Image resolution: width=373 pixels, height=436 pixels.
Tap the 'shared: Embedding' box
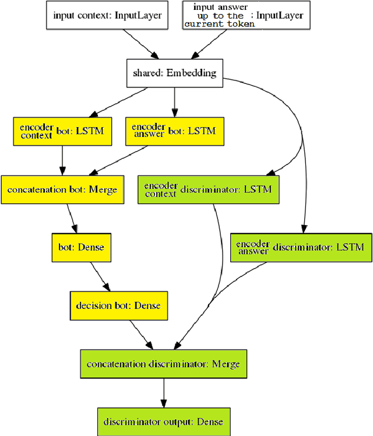174,73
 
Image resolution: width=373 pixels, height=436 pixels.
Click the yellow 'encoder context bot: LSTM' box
61,131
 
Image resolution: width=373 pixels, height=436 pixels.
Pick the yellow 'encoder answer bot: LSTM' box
174,131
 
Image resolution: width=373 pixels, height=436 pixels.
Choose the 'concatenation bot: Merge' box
62,189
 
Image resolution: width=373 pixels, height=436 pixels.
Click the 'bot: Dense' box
81,247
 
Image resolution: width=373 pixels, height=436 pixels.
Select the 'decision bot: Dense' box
118,305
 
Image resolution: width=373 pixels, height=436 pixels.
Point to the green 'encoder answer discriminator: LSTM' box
300,247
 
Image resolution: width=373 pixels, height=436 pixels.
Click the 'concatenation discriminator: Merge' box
163,364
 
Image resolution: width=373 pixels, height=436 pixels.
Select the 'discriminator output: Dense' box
163,421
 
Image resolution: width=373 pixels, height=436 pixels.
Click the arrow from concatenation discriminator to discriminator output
163,393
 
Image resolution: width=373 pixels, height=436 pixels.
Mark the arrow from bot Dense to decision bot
99,276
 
